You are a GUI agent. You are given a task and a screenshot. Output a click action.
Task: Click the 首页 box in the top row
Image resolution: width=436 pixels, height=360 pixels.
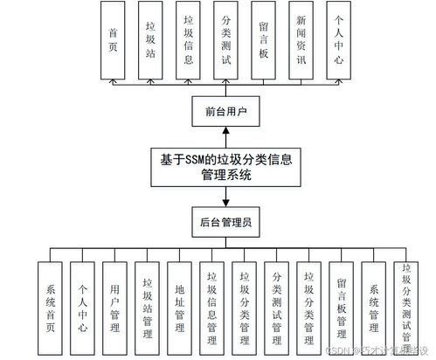(114, 39)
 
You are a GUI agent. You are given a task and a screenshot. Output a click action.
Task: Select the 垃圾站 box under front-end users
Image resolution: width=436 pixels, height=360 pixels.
(151, 39)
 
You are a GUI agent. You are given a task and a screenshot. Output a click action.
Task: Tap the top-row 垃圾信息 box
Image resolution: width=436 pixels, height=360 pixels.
(189, 39)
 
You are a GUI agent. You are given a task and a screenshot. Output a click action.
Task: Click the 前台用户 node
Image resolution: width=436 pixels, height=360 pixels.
(226, 112)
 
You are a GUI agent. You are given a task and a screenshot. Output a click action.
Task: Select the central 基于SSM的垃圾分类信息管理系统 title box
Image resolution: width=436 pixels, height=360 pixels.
(226, 167)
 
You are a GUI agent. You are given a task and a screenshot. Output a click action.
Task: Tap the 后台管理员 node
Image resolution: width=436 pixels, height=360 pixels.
(226, 223)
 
